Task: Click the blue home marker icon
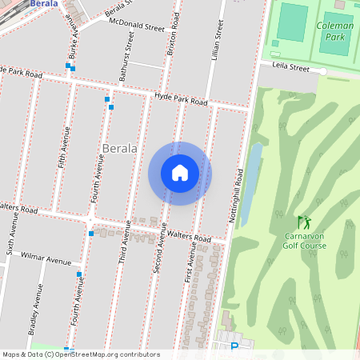coord(180,173)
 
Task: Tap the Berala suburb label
coord(121,149)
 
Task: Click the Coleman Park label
coord(335,30)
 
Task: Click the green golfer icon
coord(303,222)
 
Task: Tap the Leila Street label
coord(290,67)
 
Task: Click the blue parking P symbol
coord(234,347)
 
